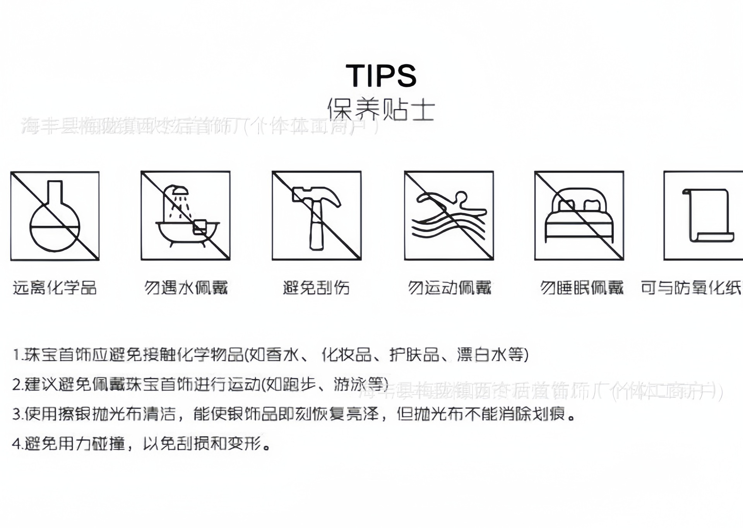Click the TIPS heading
pyautogui.click(x=381, y=75)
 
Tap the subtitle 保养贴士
pyautogui.click(x=381, y=109)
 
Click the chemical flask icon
pyautogui.click(x=55, y=216)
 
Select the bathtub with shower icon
pyautogui.click(x=185, y=216)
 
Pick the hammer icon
pyautogui.click(x=317, y=216)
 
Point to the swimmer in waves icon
pyautogui.click(x=449, y=216)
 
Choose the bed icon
pyautogui.click(x=579, y=216)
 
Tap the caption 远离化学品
pyautogui.click(x=55, y=288)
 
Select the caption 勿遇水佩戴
pyautogui.click(x=186, y=288)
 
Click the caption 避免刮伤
pyautogui.click(x=316, y=288)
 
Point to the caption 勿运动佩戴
pyautogui.click(x=449, y=288)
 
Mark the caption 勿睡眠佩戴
pyautogui.click(x=582, y=288)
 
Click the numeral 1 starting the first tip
pyautogui.click(x=16, y=355)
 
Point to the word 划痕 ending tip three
pyautogui.click(x=549, y=414)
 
